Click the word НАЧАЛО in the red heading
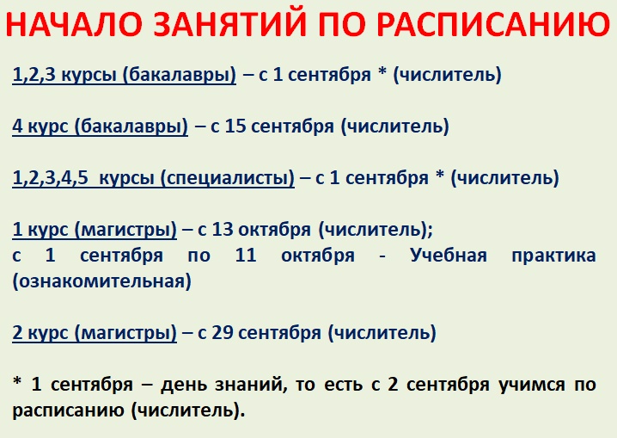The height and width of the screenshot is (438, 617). pyautogui.click(x=74, y=24)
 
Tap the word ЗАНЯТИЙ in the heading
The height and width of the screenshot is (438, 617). pyautogui.click(x=229, y=24)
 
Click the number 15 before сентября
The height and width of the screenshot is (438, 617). pyautogui.click(x=235, y=126)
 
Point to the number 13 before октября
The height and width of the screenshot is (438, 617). pyautogui.click(x=223, y=229)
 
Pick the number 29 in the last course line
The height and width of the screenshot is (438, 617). pyautogui.click(x=223, y=332)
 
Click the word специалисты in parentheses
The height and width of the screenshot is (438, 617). pyautogui.click(x=228, y=178)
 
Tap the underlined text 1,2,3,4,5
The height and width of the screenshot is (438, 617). pyautogui.click(x=51, y=178)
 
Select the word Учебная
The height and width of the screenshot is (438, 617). pyautogui.click(x=449, y=256)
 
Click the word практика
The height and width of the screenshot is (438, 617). pyautogui.click(x=553, y=256)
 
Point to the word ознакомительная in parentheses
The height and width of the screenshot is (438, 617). pyautogui.click(x=102, y=281)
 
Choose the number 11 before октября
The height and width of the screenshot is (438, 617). pyautogui.click(x=246, y=256)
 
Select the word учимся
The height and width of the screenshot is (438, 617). pyautogui.click(x=531, y=385)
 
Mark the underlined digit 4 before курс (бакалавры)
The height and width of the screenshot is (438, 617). pyautogui.click(x=18, y=126)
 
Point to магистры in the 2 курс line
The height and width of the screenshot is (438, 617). pyautogui.click(x=126, y=333)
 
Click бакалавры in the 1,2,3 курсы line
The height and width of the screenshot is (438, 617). pyautogui.click(x=180, y=75)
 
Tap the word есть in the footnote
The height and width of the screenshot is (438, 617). pyautogui.click(x=343, y=385)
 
